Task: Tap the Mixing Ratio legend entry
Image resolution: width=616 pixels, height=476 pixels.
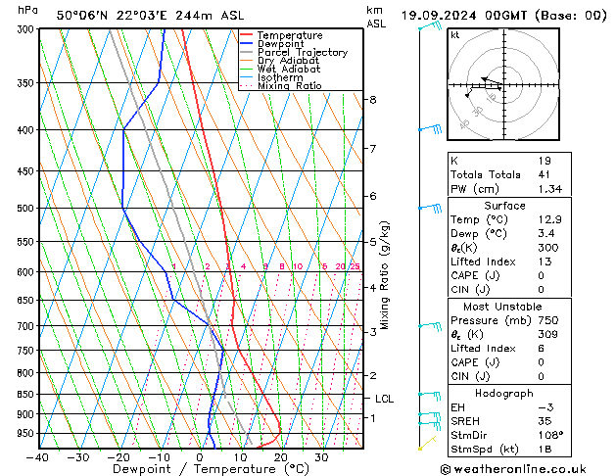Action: coord(289,86)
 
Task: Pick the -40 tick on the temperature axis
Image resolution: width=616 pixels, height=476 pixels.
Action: coord(39,457)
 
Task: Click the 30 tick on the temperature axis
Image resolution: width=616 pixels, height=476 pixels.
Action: coord(321,457)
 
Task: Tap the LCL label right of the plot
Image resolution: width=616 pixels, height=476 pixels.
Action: coord(385,399)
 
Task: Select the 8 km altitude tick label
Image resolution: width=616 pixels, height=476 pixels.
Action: coord(373,100)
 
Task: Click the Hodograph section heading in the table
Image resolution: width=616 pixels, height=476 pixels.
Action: coord(504,393)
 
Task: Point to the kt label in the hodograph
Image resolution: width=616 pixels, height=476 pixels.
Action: coord(454,35)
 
